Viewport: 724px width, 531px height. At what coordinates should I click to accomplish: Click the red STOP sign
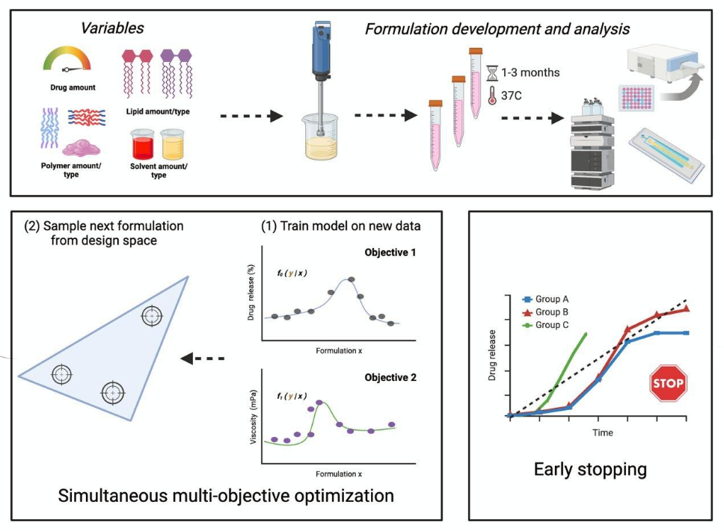click(668, 383)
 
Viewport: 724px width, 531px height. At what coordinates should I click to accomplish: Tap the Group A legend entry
click(545, 299)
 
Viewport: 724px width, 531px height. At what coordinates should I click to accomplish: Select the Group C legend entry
click(545, 325)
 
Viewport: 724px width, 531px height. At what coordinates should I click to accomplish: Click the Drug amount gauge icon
click(67, 59)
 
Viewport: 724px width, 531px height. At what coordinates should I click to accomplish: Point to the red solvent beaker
click(142, 144)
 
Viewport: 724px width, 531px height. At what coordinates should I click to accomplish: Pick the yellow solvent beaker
click(172, 144)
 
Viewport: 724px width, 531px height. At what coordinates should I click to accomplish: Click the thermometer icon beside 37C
click(492, 96)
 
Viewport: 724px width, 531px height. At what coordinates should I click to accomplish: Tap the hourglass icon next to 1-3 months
click(493, 73)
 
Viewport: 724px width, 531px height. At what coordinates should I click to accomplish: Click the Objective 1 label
click(390, 252)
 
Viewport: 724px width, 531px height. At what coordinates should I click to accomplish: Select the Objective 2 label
click(390, 377)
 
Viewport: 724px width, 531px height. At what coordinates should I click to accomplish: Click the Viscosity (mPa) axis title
click(253, 417)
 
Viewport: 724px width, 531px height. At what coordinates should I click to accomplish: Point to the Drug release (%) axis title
click(251, 292)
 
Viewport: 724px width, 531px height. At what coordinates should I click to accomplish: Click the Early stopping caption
click(590, 470)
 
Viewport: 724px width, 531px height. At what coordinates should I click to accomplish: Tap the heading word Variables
click(112, 28)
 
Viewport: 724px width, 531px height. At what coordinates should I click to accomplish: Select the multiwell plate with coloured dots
click(636, 98)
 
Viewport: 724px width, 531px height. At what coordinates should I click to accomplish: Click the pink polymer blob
click(82, 148)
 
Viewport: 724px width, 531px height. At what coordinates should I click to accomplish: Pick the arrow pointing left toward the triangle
click(202, 358)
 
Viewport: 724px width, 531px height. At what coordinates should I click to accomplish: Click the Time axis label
click(603, 433)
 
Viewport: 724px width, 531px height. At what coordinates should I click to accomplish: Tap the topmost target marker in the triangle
click(152, 316)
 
